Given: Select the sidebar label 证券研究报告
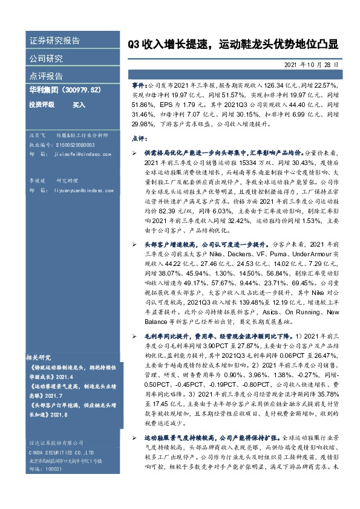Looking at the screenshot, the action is [x=54, y=41].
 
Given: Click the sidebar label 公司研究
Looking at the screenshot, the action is [x=46, y=59].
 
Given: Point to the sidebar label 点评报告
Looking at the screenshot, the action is [x=46, y=76].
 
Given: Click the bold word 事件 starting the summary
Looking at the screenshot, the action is [x=138, y=86].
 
